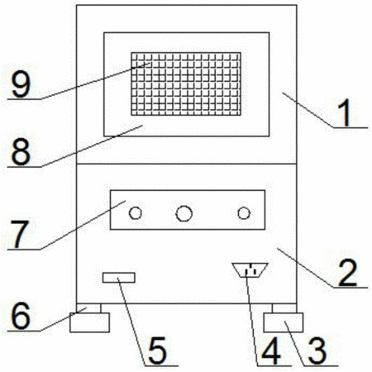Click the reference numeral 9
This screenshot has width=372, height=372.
tap(21, 84)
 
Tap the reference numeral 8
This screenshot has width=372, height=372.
tap(21, 152)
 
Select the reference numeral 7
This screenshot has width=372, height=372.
tap(20, 235)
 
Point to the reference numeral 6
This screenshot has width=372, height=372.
tap(21, 316)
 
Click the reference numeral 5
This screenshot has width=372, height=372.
tap(157, 351)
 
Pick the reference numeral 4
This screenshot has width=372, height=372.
tap(271, 351)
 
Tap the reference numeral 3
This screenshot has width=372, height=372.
tap(317, 351)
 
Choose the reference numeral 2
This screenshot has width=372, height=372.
tap(348, 273)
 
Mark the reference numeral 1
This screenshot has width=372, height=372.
tap(345, 112)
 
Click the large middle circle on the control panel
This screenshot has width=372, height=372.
tap(184, 213)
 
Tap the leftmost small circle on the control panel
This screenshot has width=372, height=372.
tap(136, 213)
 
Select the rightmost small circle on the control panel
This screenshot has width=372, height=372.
tap(244, 213)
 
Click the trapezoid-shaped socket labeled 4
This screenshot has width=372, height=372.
tap(250, 269)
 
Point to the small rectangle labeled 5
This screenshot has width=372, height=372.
tap(119, 278)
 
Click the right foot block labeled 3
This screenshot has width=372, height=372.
tap(284, 322)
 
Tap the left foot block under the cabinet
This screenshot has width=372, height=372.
tap(90, 322)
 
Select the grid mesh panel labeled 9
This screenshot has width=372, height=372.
tap(186, 83)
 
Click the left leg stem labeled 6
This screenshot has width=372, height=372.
tap(88, 308)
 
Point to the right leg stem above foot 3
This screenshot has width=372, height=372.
tap(284, 308)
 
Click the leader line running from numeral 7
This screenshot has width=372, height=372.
tap(83, 225)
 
